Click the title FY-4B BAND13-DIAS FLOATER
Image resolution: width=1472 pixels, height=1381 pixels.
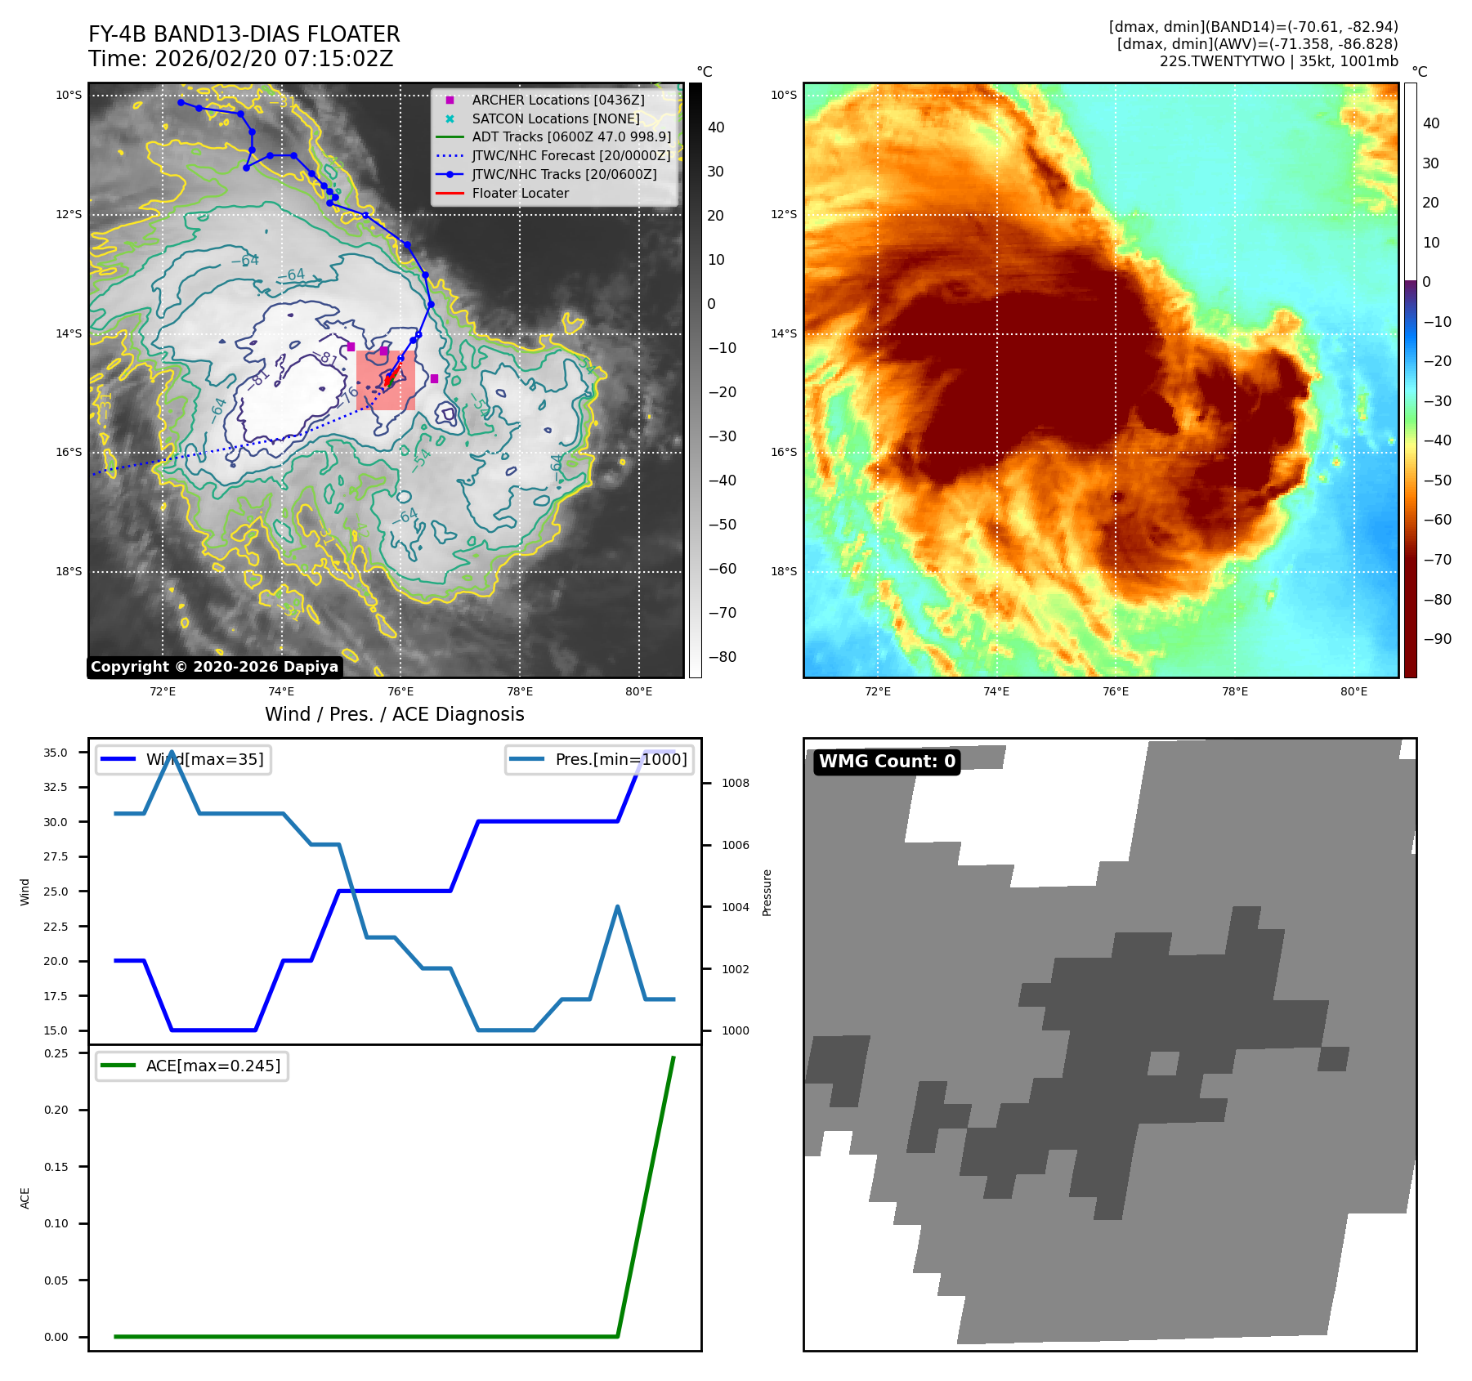coord(244,34)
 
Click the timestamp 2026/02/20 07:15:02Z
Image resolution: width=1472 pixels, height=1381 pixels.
coord(273,59)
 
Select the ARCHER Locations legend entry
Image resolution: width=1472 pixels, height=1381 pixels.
coord(557,100)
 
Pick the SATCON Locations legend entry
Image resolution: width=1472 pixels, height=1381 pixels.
coord(555,118)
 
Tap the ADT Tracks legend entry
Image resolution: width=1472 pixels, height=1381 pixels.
coord(570,136)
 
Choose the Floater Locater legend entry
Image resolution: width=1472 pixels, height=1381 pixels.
coord(520,193)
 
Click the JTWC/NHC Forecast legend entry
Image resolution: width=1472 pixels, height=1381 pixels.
coord(570,155)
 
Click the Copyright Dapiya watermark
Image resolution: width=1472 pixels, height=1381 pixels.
coord(214,667)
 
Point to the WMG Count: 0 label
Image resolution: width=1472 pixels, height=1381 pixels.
coord(887,762)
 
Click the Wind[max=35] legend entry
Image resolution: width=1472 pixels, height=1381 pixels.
coord(204,759)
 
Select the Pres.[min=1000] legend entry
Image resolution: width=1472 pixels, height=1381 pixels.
coord(620,759)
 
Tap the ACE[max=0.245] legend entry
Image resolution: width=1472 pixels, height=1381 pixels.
coord(213,1066)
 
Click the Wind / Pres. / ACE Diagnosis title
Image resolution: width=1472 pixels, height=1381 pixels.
coord(394,714)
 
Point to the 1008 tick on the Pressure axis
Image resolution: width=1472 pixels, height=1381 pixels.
coord(735,783)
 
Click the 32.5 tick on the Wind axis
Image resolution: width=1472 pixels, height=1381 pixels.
coord(56,787)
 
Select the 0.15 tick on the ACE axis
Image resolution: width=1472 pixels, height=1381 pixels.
coord(56,1167)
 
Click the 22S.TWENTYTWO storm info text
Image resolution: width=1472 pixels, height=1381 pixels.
coord(1278,61)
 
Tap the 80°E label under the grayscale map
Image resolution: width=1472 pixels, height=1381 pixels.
coord(638,691)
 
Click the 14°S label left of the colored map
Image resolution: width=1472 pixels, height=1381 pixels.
coord(783,333)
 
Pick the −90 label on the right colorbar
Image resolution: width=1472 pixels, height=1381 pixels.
coord(1437,639)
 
